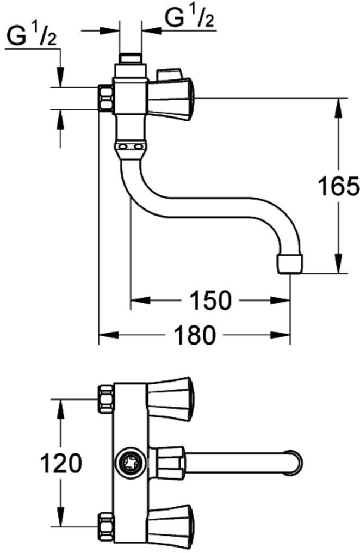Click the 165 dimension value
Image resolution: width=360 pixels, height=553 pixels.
(338, 186)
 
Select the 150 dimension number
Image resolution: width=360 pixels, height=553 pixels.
(210, 300)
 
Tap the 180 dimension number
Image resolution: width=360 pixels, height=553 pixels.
(195, 335)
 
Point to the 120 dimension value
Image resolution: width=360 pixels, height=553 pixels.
(61, 463)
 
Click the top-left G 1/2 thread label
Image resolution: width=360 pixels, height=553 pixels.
(32, 38)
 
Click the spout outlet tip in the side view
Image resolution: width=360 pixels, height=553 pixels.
(290, 265)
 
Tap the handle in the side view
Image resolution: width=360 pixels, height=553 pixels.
(171, 98)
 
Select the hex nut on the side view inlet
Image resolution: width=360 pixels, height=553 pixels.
(106, 97)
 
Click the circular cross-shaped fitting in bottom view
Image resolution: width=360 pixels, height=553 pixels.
(131, 463)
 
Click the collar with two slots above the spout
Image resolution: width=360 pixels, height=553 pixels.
(131, 147)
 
